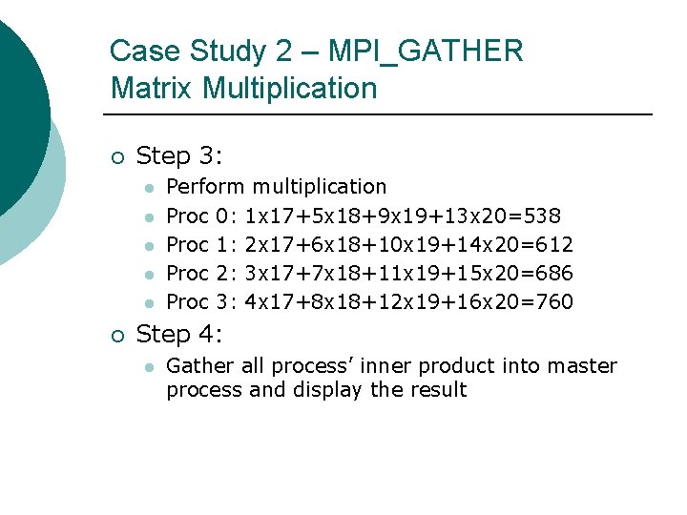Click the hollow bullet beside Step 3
116,156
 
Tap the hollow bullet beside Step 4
116,336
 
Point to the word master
585,366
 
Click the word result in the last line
436,390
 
